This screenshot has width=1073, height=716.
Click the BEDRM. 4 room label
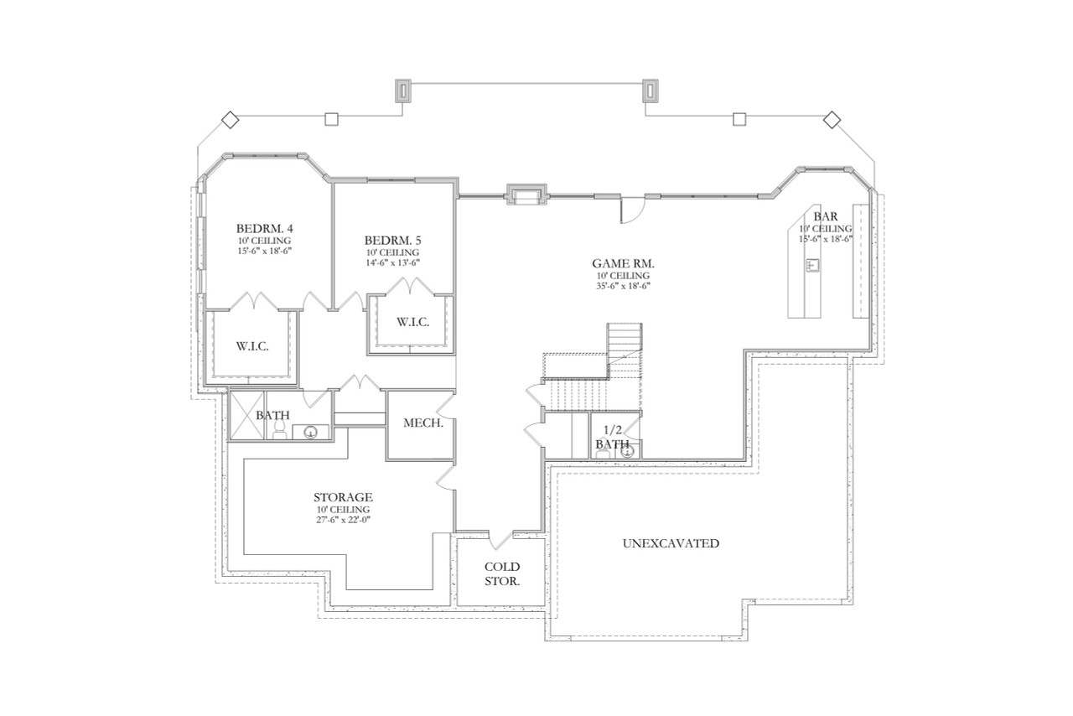264,228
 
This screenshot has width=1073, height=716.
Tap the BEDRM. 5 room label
392,240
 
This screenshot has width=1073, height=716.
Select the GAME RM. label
623,263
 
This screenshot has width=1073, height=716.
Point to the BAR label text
825,216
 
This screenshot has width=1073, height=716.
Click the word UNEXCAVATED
671,543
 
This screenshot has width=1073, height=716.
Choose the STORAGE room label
343,497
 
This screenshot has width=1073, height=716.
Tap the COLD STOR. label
502,573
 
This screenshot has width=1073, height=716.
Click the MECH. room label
423,423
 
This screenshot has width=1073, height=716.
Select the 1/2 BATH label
612,437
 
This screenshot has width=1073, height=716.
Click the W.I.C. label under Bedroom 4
251,346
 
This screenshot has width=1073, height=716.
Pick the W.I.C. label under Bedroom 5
412,322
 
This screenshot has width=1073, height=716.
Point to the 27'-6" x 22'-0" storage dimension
343,520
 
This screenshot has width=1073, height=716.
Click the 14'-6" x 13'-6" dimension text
392,262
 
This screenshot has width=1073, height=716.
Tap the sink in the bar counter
811,266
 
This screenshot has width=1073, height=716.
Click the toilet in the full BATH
279,429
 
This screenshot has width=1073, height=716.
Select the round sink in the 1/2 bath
626,451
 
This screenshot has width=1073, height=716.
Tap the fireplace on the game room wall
526,195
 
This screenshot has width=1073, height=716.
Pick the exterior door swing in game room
631,210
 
